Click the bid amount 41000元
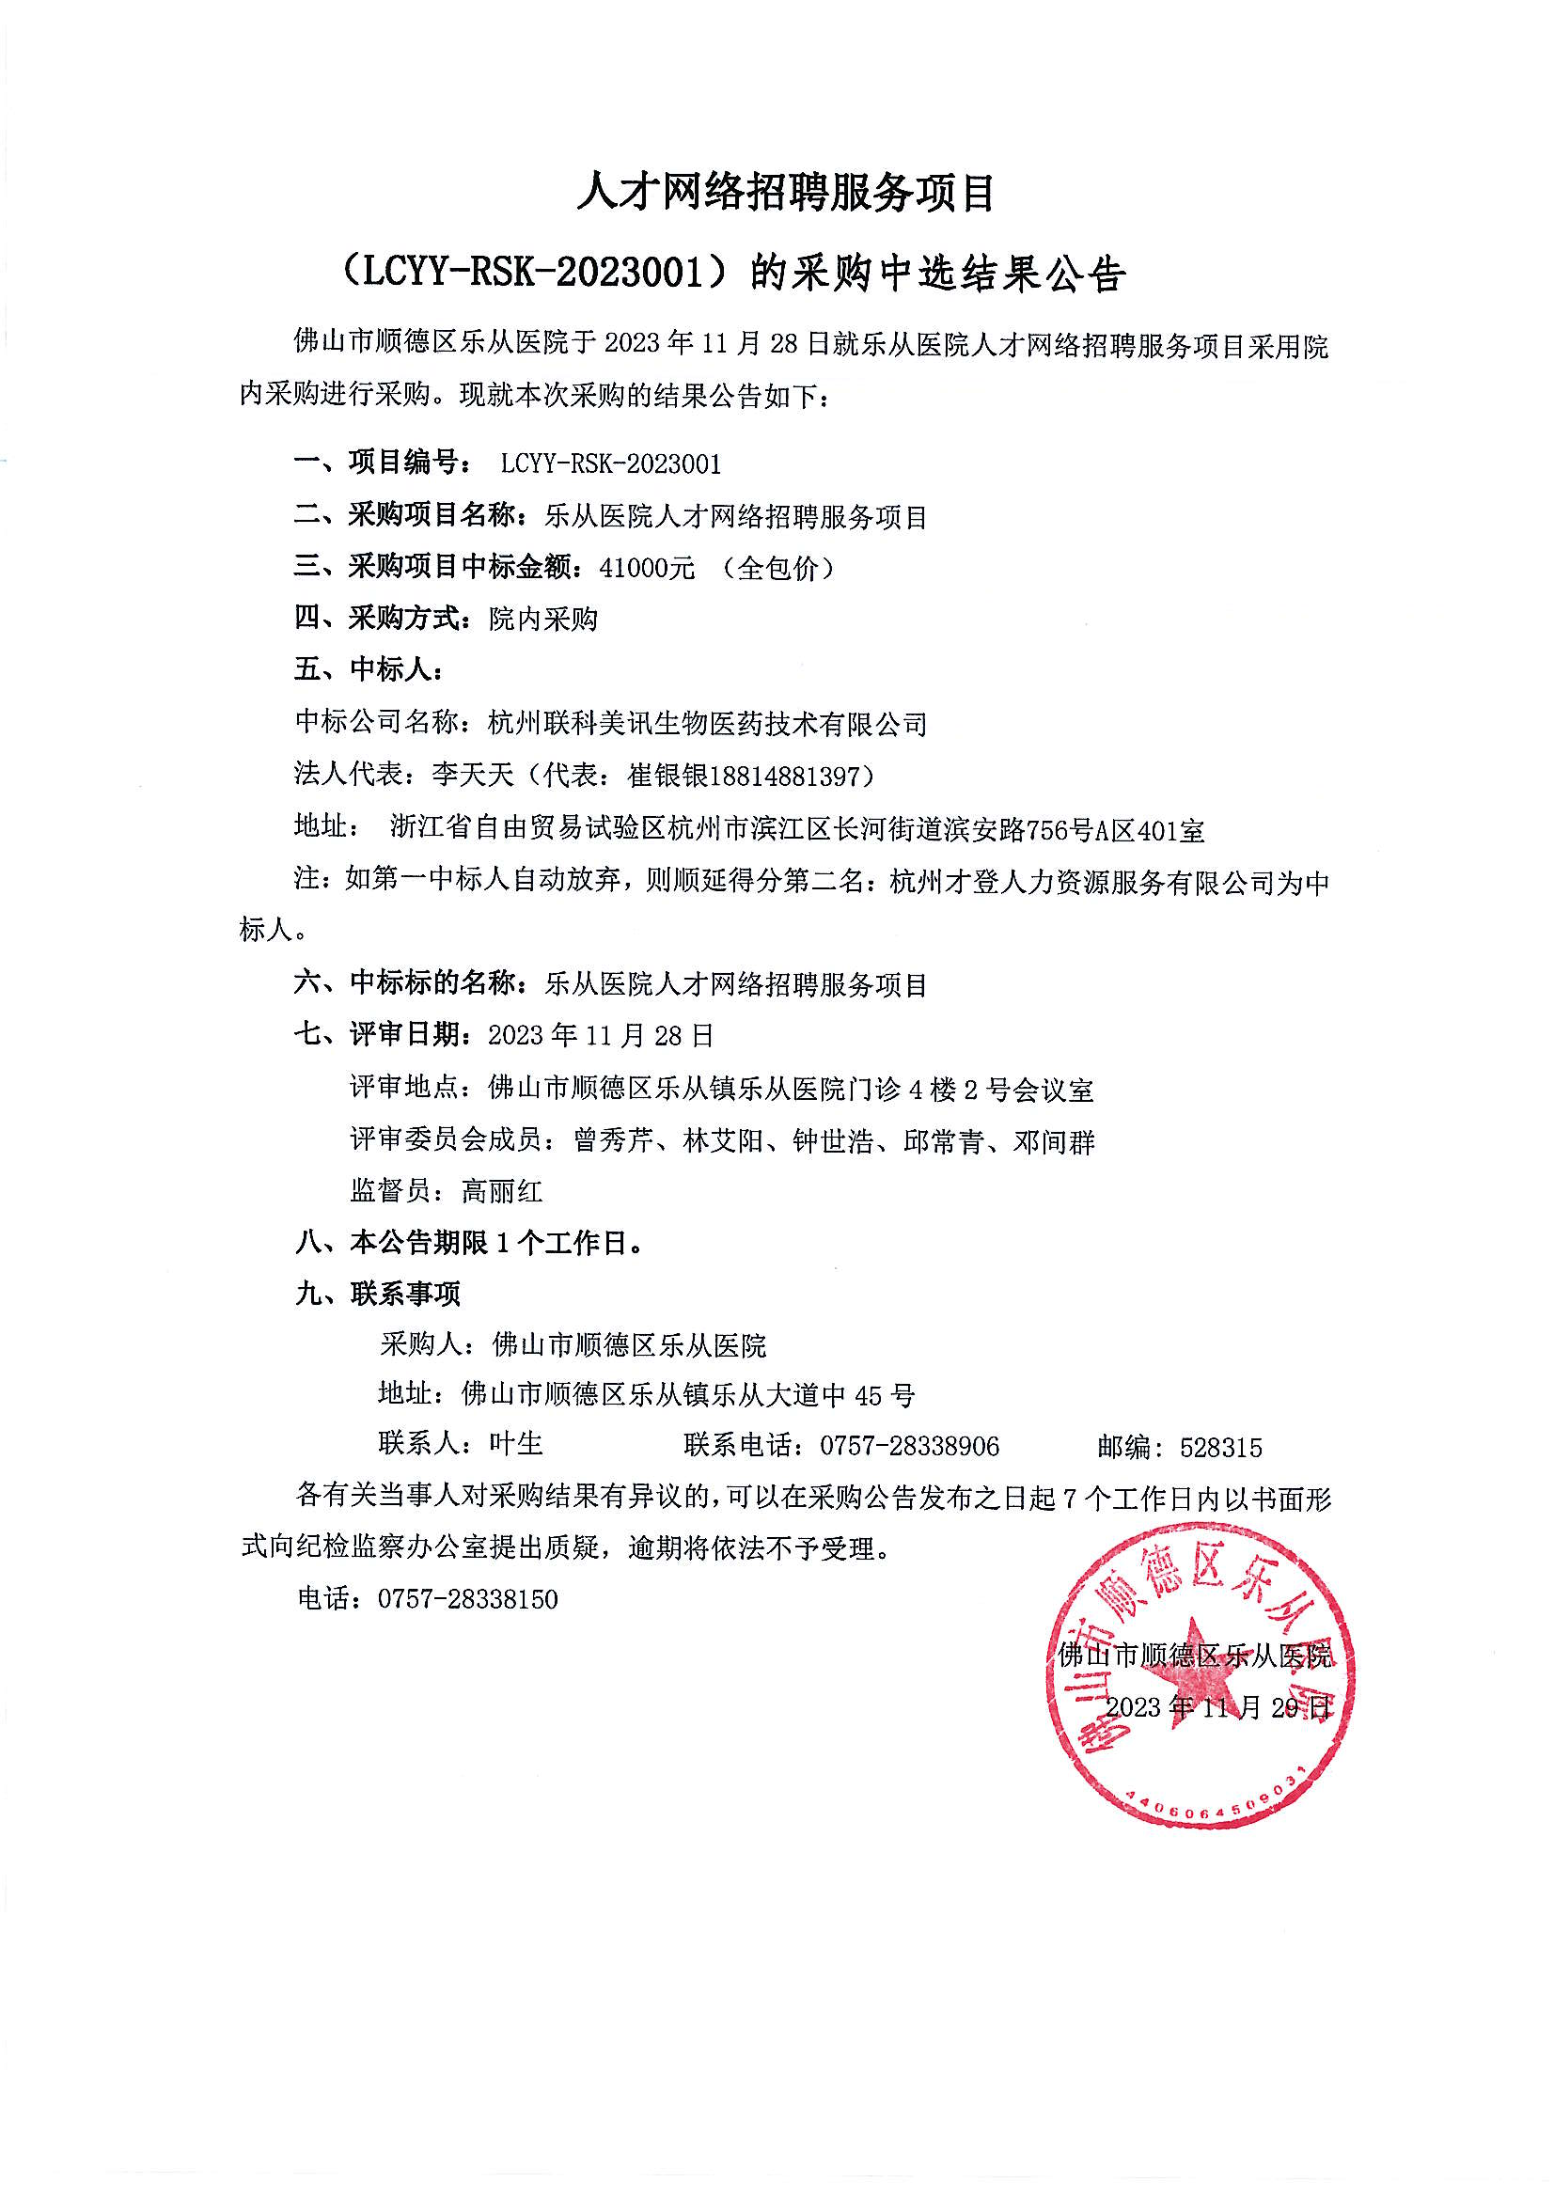click(x=646, y=568)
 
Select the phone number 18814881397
click(x=791, y=776)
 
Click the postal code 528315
click(x=1221, y=1447)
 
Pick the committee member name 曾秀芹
click(x=614, y=1141)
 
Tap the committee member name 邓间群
click(x=1054, y=1141)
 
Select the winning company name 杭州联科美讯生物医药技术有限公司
click(x=708, y=724)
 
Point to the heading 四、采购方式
click(x=379, y=619)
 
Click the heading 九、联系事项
click(x=378, y=1295)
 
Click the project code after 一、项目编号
click(x=611, y=464)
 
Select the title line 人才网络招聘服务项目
click(x=786, y=194)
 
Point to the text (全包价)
click(x=779, y=568)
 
